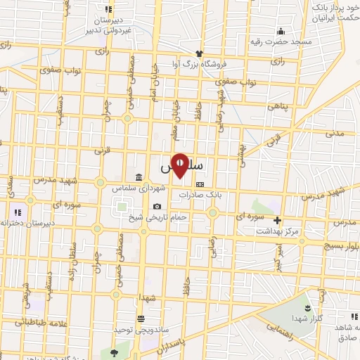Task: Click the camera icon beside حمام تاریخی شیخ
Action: (x=157, y=207)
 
